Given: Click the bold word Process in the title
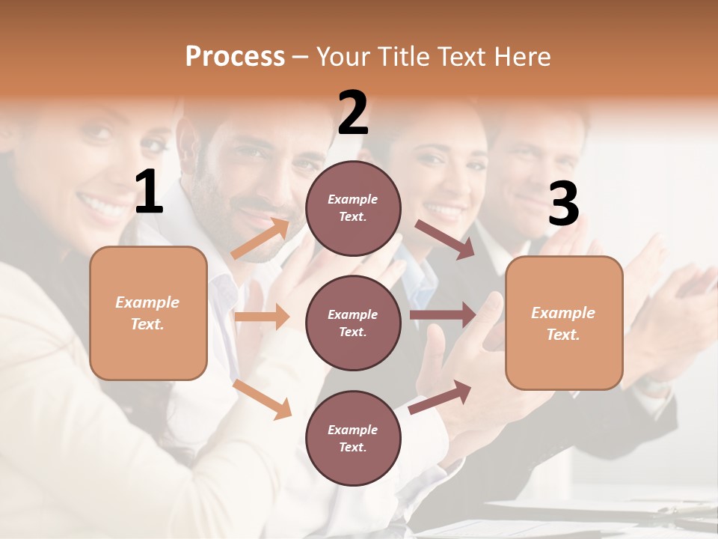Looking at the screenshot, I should pos(235,57).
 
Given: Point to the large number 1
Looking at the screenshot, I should pos(149,192).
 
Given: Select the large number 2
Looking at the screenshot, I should pos(353,112).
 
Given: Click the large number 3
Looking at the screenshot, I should pos(563,204).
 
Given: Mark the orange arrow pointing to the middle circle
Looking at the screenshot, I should pos(262,317).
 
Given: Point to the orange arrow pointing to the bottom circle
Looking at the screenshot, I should pos(263,398).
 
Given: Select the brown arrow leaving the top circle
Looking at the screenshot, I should pos(445,239).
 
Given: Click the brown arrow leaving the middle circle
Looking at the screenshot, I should pos(443,314).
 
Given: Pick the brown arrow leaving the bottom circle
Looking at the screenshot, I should pos(440,397).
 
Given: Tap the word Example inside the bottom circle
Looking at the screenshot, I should pos(352,430).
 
